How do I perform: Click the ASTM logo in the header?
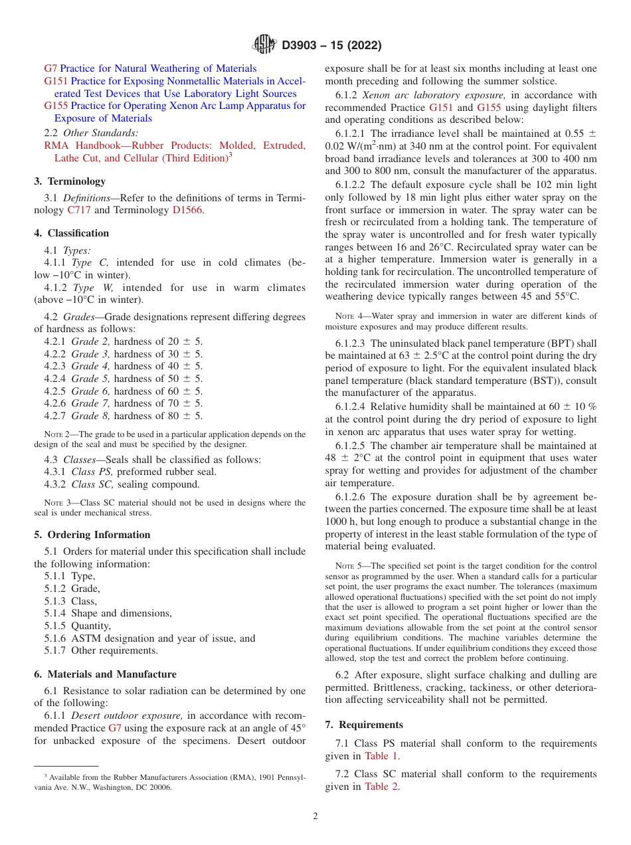[x=265, y=45]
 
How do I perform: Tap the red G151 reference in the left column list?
[x=56, y=81]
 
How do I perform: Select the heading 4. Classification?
[x=72, y=233]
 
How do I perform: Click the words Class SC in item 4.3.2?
[x=92, y=484]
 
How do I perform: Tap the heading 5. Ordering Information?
[x=92, y=535]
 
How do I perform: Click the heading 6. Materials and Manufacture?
[x=105, y=674]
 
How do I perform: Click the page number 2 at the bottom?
[x=315, y=816]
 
